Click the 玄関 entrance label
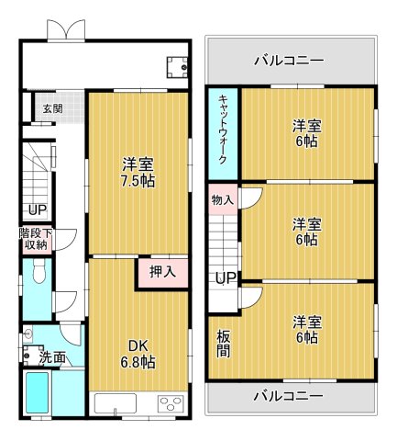(x=53, y=108)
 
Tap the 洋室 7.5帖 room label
(x=138, y=173)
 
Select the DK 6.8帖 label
(x=138, y=355)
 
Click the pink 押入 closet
(x=163, y=273)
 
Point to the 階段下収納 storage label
(x=36, y=239)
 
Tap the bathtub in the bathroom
(x=37, y=392)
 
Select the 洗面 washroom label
(x=52, y=357)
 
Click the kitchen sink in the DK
(x=116, y=403)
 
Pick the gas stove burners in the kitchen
(x=171, y=403)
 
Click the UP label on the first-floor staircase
(x=38, y=210)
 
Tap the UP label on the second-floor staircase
(x=226, y=278)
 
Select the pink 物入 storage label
(x=223, y=200)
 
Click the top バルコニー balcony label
(x=289, y=60)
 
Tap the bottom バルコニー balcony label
(x=289, y=396)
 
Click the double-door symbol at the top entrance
(x=66, y=30)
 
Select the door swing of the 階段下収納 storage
(x=66, y=240)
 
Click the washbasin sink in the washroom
(x=28, y=334)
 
